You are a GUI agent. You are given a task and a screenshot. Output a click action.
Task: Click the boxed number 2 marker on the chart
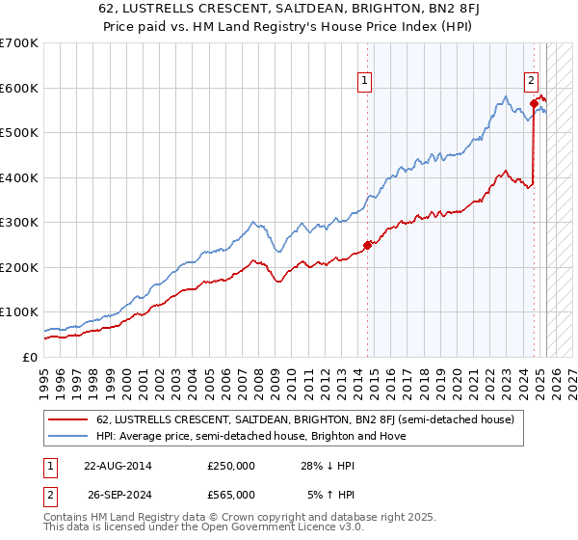pos(531,82)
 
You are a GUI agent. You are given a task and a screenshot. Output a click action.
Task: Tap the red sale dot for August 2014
pos(367,244)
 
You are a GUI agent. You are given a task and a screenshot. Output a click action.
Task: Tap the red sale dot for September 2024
pos(534,103)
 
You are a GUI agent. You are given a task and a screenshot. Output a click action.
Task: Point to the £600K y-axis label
pos(18,88)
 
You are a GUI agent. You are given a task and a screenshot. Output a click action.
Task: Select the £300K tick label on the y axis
pos(18,222)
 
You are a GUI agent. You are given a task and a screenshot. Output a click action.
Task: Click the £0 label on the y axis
pos(29,357)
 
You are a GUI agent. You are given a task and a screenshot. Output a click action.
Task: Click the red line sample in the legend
pos(67,419)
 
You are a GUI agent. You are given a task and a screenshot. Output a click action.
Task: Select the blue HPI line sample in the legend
pos(67,436)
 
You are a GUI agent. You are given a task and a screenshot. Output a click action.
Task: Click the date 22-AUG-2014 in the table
pos(118,466)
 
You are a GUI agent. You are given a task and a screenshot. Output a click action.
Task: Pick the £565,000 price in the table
pos(231,494)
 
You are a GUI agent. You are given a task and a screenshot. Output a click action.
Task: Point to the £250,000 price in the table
pos(231,466)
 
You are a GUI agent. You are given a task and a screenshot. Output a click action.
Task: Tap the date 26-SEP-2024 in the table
pos(118,494)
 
